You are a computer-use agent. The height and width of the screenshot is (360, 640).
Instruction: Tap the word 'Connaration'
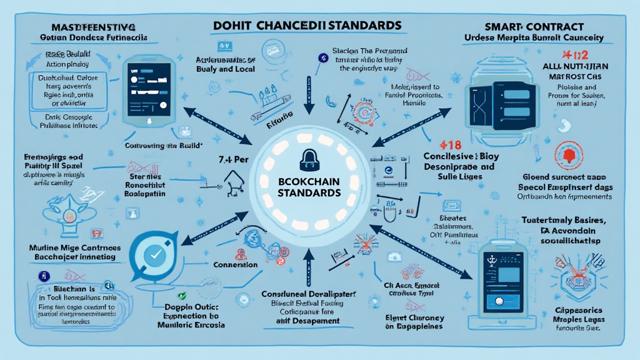click(x=234, y=265)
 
